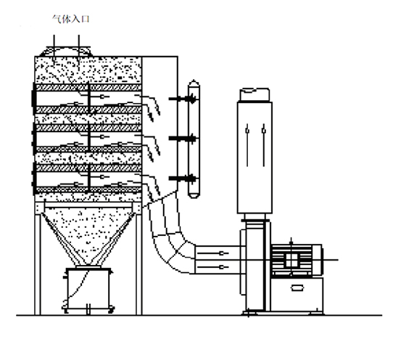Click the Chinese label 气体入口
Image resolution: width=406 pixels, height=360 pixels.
(71, 19)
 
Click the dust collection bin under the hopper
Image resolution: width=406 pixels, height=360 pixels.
(88, 288)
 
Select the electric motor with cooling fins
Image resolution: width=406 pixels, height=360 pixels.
(297, 261)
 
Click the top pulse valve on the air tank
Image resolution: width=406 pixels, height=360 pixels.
(183, 99)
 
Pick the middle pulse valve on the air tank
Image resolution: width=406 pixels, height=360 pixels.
(183, 138)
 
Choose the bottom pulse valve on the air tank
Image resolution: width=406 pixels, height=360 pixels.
(183, 178)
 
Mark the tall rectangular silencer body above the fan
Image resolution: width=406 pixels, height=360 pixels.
(254, 157)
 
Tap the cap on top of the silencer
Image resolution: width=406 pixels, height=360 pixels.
(254, 94)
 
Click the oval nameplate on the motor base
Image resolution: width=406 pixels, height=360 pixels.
(297, 287)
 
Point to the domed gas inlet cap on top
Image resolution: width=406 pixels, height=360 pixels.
(66, 52)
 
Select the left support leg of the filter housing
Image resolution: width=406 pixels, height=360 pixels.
(38, 264)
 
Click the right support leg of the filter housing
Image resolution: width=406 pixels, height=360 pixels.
(138, 264)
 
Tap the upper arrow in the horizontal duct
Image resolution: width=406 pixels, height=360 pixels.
(213, 253)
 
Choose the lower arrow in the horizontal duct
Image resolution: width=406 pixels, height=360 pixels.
(213, 267)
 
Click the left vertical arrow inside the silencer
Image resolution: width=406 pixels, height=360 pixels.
(247, 145)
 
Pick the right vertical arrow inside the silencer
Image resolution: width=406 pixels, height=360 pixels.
(264, 145)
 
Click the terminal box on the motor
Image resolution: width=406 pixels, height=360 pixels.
(291, 261)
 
